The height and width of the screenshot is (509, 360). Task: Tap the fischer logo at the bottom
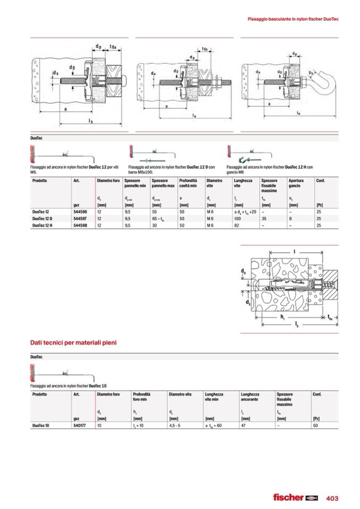click(295, 497)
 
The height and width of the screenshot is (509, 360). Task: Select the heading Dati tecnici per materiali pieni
click(73, 342)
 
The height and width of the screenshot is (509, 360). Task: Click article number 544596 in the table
click(80, 212)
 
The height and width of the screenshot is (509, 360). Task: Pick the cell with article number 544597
click(80, 219)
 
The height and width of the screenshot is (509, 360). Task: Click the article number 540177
click(80, 425)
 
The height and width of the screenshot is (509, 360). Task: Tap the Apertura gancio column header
click(297, 184)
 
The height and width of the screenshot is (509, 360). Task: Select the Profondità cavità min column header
click(188, 184)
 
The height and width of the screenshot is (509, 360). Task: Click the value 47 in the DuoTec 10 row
click(244, 425)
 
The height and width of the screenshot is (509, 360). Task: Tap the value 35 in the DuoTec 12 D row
click(264, 219)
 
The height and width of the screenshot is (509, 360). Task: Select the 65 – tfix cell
click(159, 219)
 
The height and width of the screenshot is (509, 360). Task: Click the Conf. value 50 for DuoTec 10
click(316, 425)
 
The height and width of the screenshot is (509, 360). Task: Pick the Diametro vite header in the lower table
click(180, 394)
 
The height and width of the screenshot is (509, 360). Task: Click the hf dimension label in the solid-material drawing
click(282, 316)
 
